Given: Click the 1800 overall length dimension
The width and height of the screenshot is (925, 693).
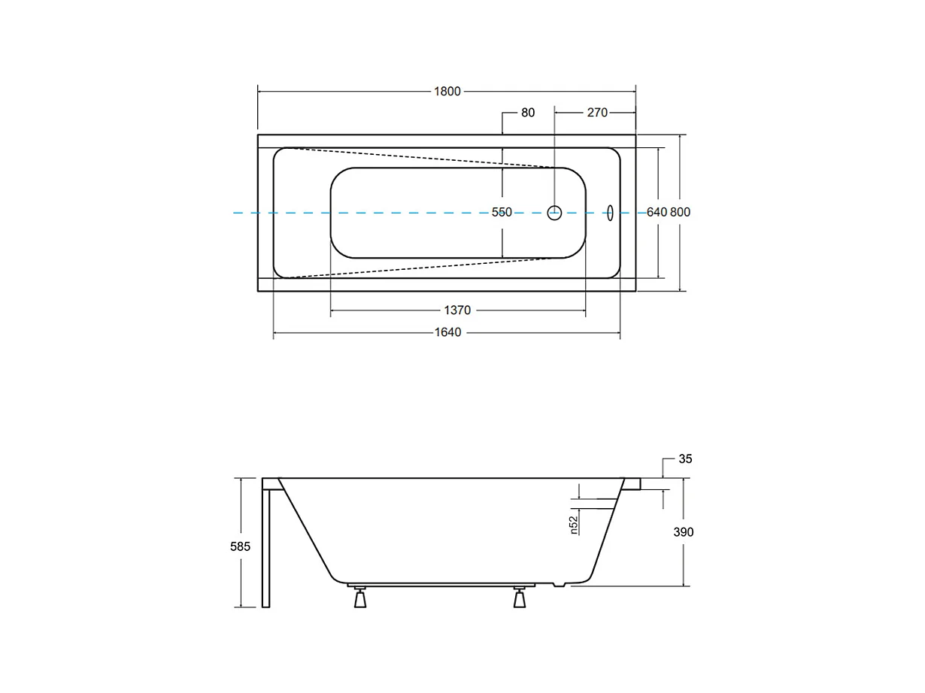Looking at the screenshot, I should coord(447,92).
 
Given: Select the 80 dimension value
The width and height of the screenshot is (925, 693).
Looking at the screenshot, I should coord(528,113).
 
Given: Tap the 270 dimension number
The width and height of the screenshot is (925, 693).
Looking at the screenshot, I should coord(596,113).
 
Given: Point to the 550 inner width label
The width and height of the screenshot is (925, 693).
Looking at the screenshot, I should coord(502,213).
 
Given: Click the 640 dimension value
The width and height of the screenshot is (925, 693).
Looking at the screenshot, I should coord(657,213).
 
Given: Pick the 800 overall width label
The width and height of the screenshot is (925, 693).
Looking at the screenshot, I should coord(681,213).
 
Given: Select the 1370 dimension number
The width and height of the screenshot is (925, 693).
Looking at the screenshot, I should coord(457,310).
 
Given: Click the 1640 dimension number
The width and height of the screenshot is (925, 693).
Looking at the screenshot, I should coord(447,333).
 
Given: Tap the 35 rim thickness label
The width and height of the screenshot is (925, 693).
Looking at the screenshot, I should coord(685,458).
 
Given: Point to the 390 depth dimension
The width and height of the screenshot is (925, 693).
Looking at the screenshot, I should coord(683,532).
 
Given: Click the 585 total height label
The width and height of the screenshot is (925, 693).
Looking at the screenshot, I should coord(241,546).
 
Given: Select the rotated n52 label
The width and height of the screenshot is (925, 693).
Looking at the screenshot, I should coord(573,524).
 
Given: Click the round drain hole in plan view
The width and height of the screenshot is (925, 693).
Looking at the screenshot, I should coord(554,213).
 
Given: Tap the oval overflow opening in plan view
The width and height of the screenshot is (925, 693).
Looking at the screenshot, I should coord(610,213).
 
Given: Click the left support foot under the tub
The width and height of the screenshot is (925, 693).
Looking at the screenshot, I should coord(360,598).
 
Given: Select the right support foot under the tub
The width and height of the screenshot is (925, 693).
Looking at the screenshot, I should coord(520,598).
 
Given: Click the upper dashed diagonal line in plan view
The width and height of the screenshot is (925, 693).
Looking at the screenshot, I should coord(421,157).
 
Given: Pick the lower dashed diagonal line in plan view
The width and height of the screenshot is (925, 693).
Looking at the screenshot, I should coord(421,268).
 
